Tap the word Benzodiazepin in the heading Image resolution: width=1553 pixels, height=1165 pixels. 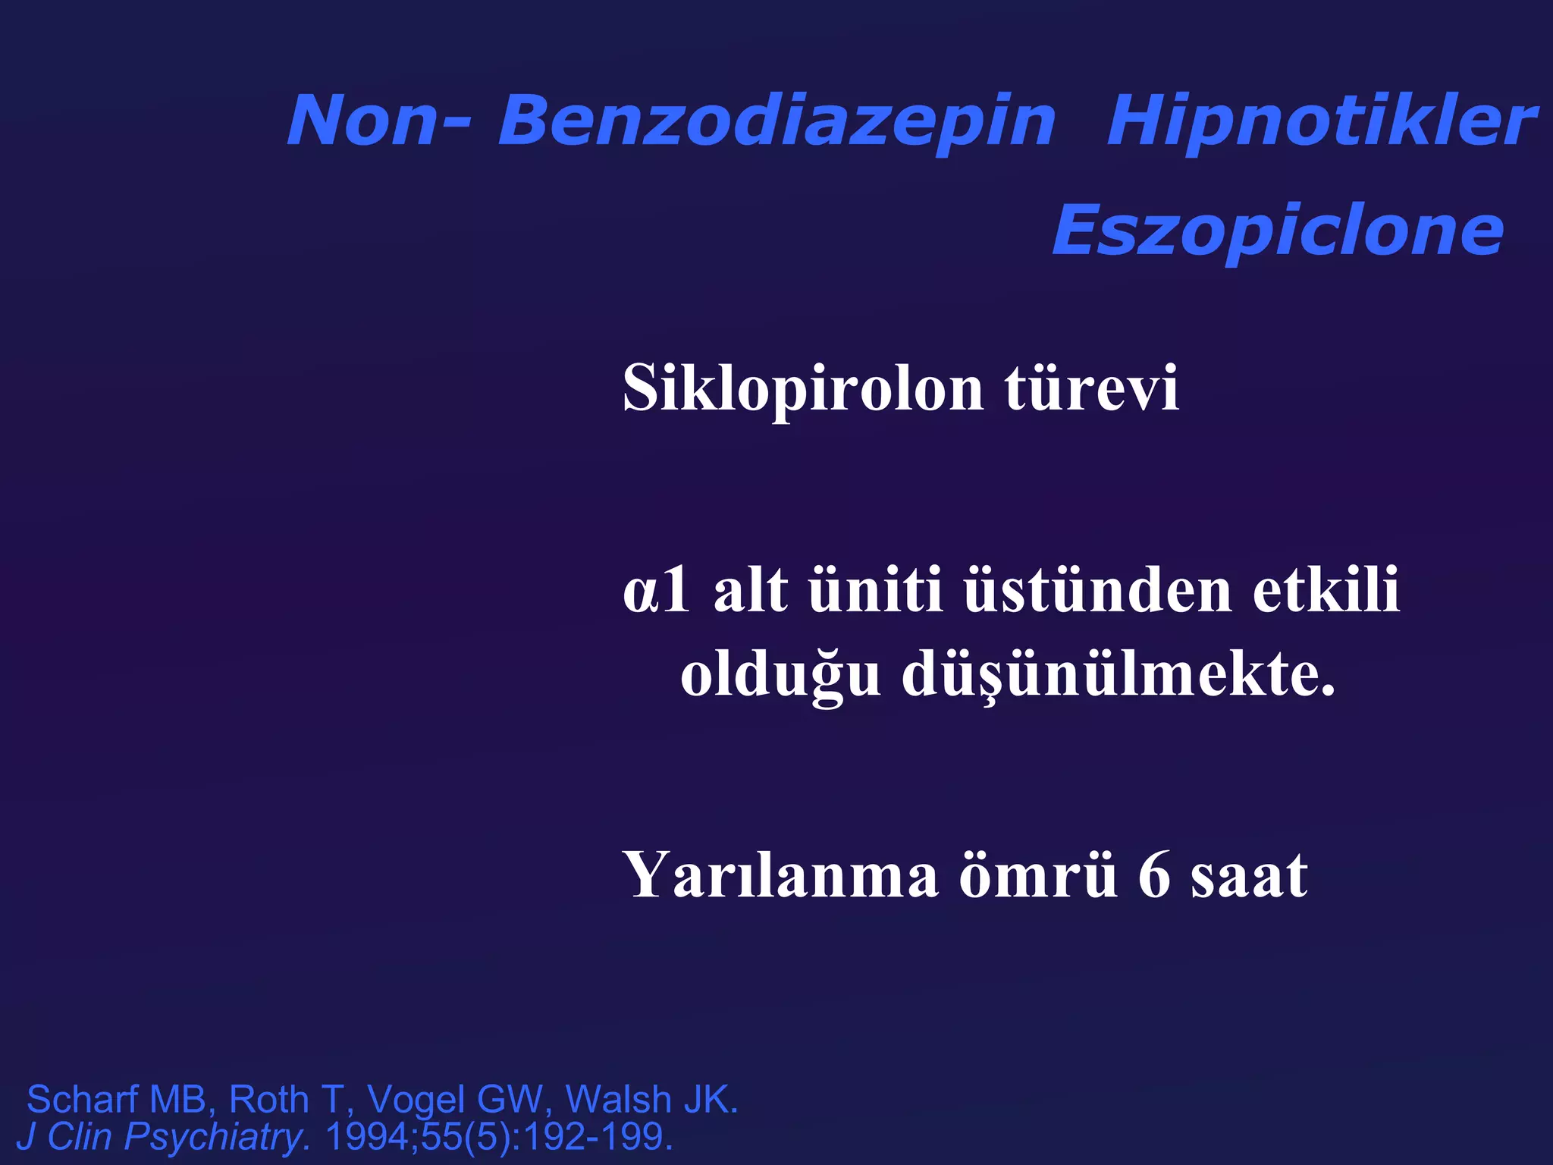click(776, 121)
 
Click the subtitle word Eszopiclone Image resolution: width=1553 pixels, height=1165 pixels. click(1278, 230)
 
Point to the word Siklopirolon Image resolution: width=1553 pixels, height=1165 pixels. click(803, 389)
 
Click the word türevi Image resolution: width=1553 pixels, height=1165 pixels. click(1092, 389)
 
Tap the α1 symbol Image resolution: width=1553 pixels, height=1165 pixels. click(657, 591)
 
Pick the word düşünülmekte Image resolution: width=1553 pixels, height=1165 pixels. click(1118, 676)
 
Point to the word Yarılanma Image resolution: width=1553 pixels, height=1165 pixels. click(780, 875)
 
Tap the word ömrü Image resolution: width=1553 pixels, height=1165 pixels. click(1038, 875)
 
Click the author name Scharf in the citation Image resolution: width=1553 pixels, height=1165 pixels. click(83, 1099)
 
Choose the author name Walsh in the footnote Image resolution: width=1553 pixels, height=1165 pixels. click(618, 1099)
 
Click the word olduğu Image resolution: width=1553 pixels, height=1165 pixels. click(780, 676)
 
